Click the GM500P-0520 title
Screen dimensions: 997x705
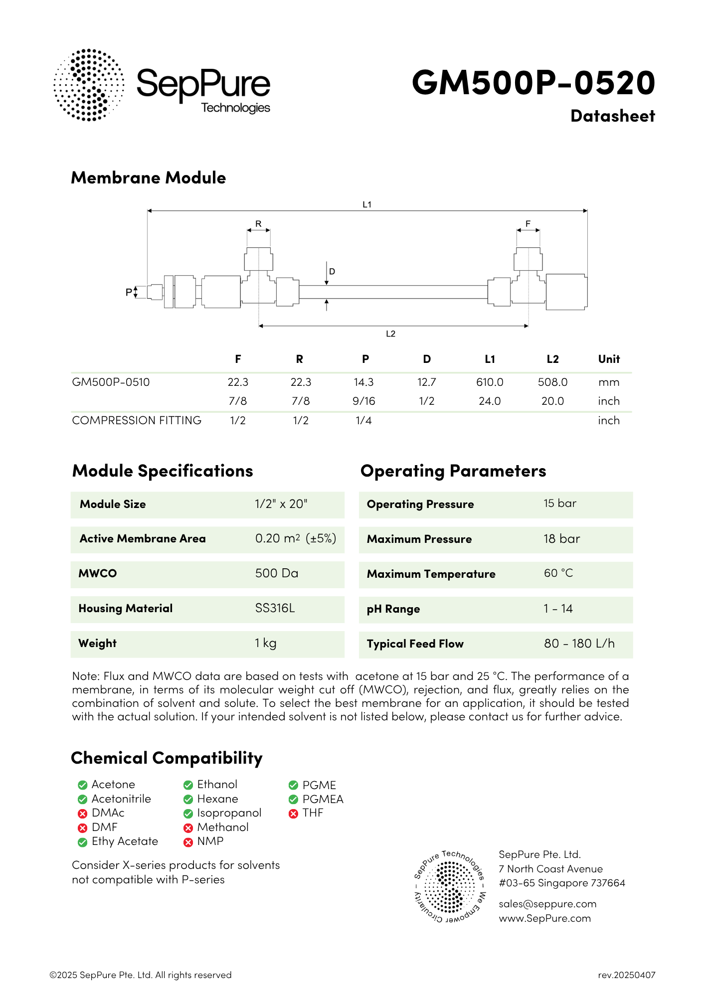[533, 82]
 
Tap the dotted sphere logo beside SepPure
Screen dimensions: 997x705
[89, 85]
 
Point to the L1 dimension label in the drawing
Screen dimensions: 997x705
[367, 204]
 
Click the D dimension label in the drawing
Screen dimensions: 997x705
[332, 272]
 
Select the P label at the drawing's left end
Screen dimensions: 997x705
[129, 292]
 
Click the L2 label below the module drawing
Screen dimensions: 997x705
[390, 334]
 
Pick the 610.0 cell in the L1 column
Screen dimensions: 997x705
[490, 382]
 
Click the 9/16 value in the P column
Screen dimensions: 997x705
[363, 401]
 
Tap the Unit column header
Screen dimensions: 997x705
[609, 359]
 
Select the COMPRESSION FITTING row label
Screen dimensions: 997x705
[137, 421]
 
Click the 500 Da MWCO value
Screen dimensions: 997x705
[277, 573]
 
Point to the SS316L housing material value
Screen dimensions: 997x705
[275, 608]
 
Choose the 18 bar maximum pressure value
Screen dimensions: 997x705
[561, 539]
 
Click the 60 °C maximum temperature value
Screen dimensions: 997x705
[558, 573]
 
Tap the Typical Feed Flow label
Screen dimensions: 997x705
[415, 644]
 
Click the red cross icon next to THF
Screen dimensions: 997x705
[293, 814]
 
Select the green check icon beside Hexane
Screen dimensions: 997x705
[188, 800]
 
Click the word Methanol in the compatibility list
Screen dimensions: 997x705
[223, 828]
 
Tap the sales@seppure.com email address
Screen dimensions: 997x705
[547, 904]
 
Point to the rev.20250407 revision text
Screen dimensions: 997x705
[627, 975]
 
